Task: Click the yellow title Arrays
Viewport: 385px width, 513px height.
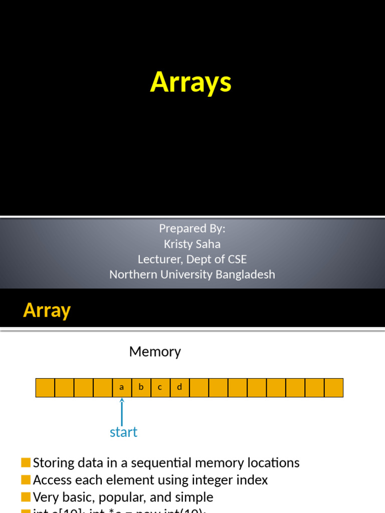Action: (190, 82)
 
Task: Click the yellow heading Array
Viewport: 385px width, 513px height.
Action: (47, 311)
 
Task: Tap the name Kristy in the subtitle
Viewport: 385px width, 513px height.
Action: (178, 244)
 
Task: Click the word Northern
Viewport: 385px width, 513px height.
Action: (131, 275)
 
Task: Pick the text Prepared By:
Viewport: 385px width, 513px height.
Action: (192, 228)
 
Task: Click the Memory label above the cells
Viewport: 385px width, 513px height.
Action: (155, 352)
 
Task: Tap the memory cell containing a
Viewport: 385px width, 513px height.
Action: (122, 388)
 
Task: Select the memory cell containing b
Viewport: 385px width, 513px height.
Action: (141, 388)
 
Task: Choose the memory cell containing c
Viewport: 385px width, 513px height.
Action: (160, 388)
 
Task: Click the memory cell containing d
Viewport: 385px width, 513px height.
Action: (179, 388)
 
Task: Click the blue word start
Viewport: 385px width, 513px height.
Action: (123, 432)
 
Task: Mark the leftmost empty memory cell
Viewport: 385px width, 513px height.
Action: (45, 388)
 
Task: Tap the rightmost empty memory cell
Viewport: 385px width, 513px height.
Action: (334, 388)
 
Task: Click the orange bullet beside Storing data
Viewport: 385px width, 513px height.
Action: (26, 462)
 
